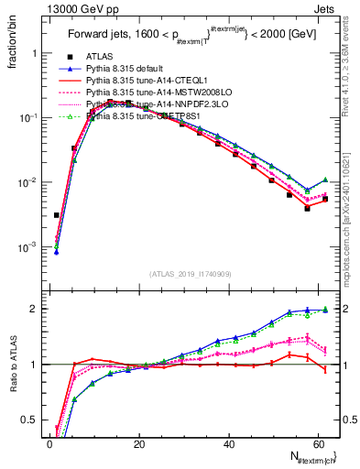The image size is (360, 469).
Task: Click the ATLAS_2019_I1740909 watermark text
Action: tap(190, 275)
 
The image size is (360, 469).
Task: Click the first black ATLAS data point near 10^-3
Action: tap(57, 215)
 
